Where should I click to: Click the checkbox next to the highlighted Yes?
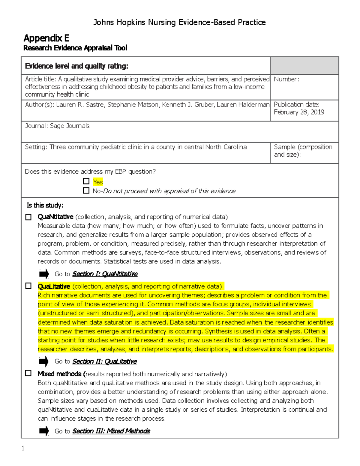click(x=86, y=181)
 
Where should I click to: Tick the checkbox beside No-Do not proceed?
click(x=86, y=191)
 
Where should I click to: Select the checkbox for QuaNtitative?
click(x=28, y=217)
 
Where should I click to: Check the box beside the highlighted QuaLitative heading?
click(x=28, y=286)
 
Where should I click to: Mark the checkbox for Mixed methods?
click(x=28, y=373)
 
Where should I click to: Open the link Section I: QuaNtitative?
click(x=105, y=274)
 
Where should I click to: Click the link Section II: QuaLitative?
click(x=104, y=362)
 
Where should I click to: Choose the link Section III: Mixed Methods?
click(x=111, y=431)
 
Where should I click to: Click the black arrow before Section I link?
click(x=44, y=274)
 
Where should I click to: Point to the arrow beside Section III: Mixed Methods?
click(x=44, y=431)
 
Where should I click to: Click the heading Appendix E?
click(x=46, y=38)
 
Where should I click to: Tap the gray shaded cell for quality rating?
click(x=304, y=66)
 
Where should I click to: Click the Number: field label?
click(x=286, y=79)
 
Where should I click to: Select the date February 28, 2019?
click(x=299, y=112)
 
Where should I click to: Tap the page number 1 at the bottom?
click(x=23, y=449)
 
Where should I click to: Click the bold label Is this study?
click(x=45, y=205)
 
